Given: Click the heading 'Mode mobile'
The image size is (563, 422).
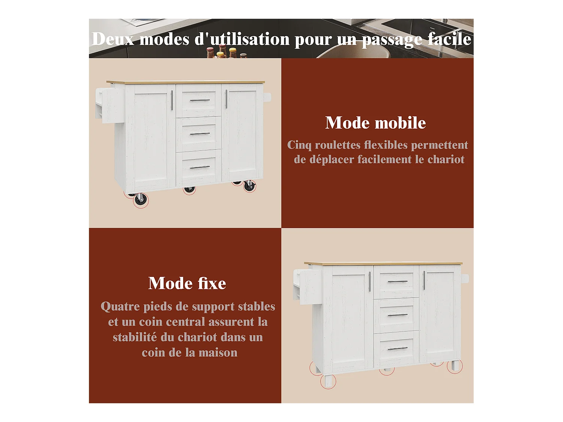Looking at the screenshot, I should click(x=375, y=123).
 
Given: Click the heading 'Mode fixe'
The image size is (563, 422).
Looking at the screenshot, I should click(x=187, y=283).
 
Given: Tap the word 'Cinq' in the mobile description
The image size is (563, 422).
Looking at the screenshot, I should click(x=299, y=145).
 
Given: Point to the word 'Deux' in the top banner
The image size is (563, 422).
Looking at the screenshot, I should click(x=113, y=39).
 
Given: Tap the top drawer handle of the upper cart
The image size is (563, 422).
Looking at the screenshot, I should click(x=200, y=101).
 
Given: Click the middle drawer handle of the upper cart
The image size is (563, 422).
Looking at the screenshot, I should click(x=200, y=134).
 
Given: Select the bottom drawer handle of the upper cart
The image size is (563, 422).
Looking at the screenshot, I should click(x=200, y=167).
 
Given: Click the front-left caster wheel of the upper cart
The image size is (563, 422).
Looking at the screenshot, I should click(x=140, y=200).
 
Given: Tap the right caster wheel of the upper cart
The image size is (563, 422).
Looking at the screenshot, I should click(x=250, y=186).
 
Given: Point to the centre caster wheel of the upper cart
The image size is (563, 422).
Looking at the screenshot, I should click(x=189, y=189).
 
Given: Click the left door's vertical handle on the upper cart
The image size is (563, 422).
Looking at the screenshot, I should click(x=172, y=100).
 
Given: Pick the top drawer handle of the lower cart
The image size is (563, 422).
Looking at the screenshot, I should click(x=397, y=281).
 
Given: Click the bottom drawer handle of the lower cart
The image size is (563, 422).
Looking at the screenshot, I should click(x=397, y=348).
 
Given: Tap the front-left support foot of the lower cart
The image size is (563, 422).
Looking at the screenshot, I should click(x=328, y=381).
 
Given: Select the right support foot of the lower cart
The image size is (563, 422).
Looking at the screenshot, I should click(x=455, y=366).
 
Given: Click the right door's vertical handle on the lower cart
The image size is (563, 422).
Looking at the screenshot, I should click(x=424, y=280).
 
